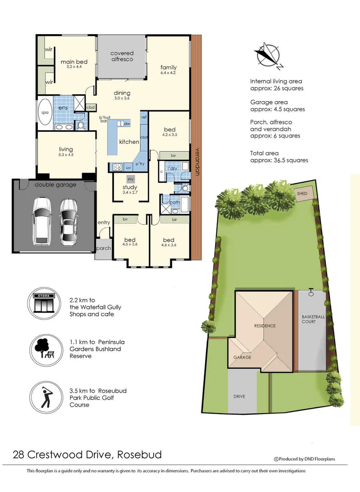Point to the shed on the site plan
click(x=302, y=194)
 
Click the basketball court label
click(x=313, y=319)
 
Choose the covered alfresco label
click(x=122, y=56)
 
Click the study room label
click(x=130, y=187)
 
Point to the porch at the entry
click(x=103, y=249)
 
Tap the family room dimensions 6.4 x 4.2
click(x=168, y=73)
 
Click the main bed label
click(x=74, y=62)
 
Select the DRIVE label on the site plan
click(x=240, y=396)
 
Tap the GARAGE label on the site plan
click(x=242, y=357)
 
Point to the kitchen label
click(x=129, y=142)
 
